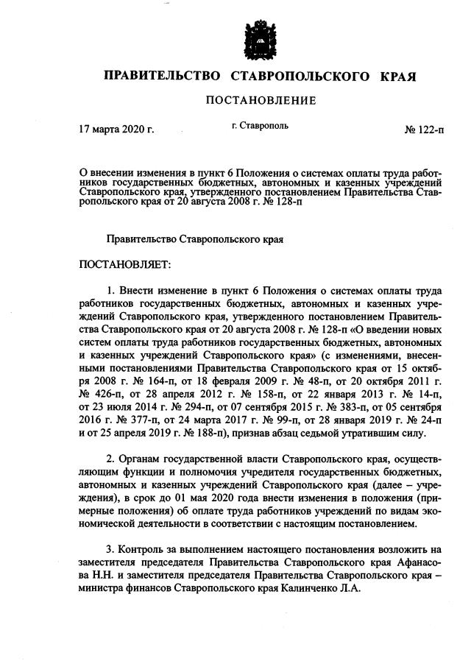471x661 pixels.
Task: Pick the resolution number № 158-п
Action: pos(248,392)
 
